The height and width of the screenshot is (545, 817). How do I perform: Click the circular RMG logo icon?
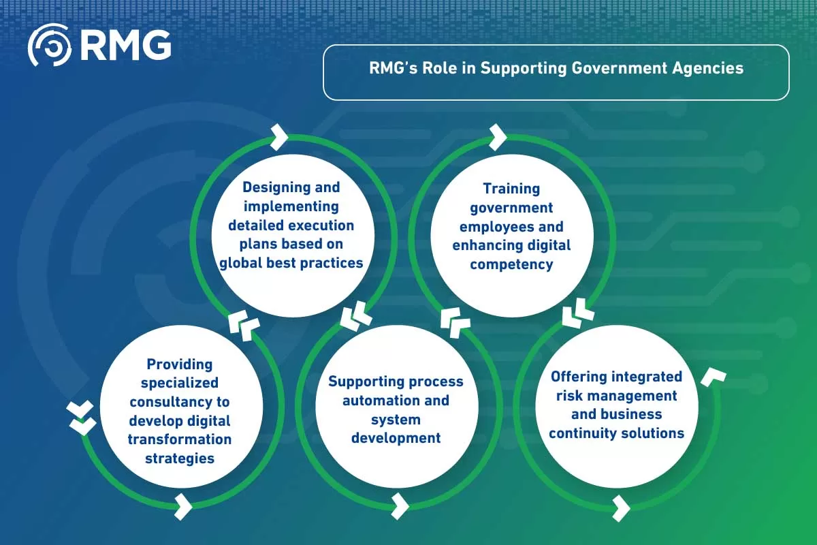tap(49, 45)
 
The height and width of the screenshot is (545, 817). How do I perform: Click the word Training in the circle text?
tap(511, 188)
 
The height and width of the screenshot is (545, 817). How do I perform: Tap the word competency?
tap(511, 264)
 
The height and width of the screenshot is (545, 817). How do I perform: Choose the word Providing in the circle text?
tap(180, 364)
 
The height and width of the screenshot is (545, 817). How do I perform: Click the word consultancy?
tap(180, 402)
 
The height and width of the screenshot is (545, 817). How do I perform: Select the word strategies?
tap(180, 458)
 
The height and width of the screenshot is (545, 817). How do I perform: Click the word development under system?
tap(396, 437)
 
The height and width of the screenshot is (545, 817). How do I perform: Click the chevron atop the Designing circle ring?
tap(278, 137)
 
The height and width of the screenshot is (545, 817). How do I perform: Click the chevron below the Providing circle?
tap(183, 507)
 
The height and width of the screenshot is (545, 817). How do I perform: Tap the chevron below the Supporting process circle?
tap(400, 507)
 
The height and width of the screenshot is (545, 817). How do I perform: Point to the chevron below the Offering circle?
tap(620, 508)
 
